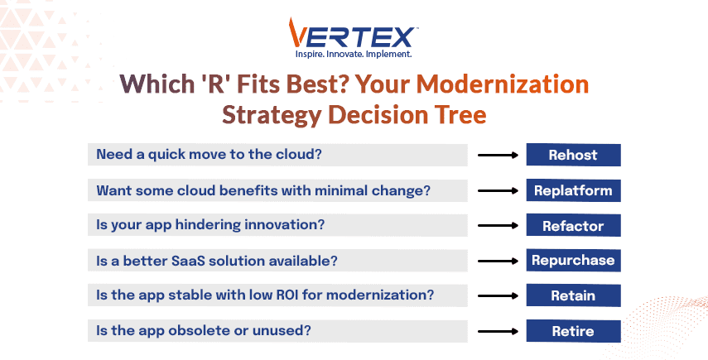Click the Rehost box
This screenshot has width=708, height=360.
pos(573,155)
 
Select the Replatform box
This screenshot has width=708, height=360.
pos(573,190)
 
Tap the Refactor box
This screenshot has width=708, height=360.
pos(573,226)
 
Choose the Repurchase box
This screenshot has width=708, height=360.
pos(573,261)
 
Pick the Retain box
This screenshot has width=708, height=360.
pos(573,295)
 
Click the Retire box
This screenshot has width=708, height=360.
pos(573,331)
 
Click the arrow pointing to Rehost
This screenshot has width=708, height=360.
pos(499,155)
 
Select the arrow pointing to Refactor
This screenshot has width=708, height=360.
pos(499,226)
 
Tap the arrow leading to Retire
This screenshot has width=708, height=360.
pos(499,331)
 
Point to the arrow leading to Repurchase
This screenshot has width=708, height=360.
pos(499,261)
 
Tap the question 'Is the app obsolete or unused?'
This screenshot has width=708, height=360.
pos(204,331)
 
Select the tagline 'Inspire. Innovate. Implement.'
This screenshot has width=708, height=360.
pos(354,55)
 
